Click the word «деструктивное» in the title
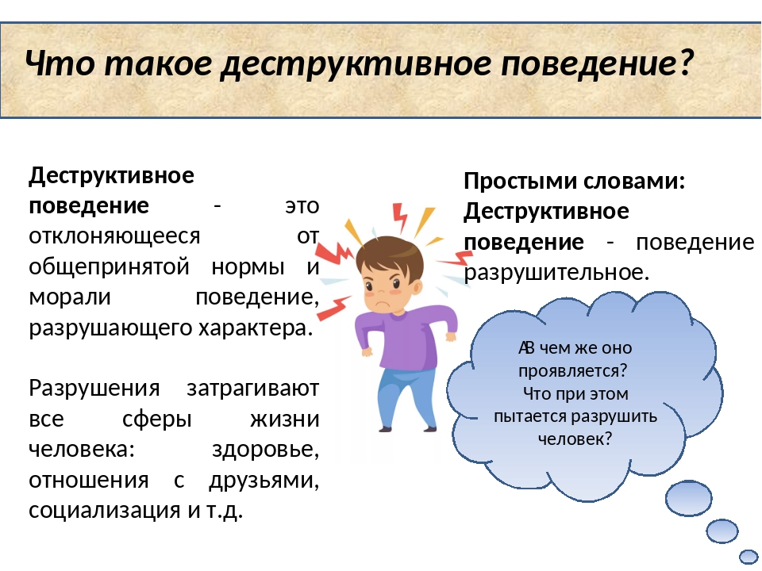point(356,63)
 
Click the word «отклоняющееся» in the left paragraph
point(114,236)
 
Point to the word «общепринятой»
point(109,266)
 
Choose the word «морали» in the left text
point(70,297)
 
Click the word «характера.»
point(255,328)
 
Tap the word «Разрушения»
point(94,388)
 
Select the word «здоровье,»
point(265,449)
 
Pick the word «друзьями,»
point(264,480)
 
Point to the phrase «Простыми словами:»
point(575,181)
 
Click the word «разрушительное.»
point(556,272)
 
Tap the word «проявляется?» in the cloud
point(573,371)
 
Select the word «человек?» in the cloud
point(575,439)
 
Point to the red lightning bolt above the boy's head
point(400,218)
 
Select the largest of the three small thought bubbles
point(688,498)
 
